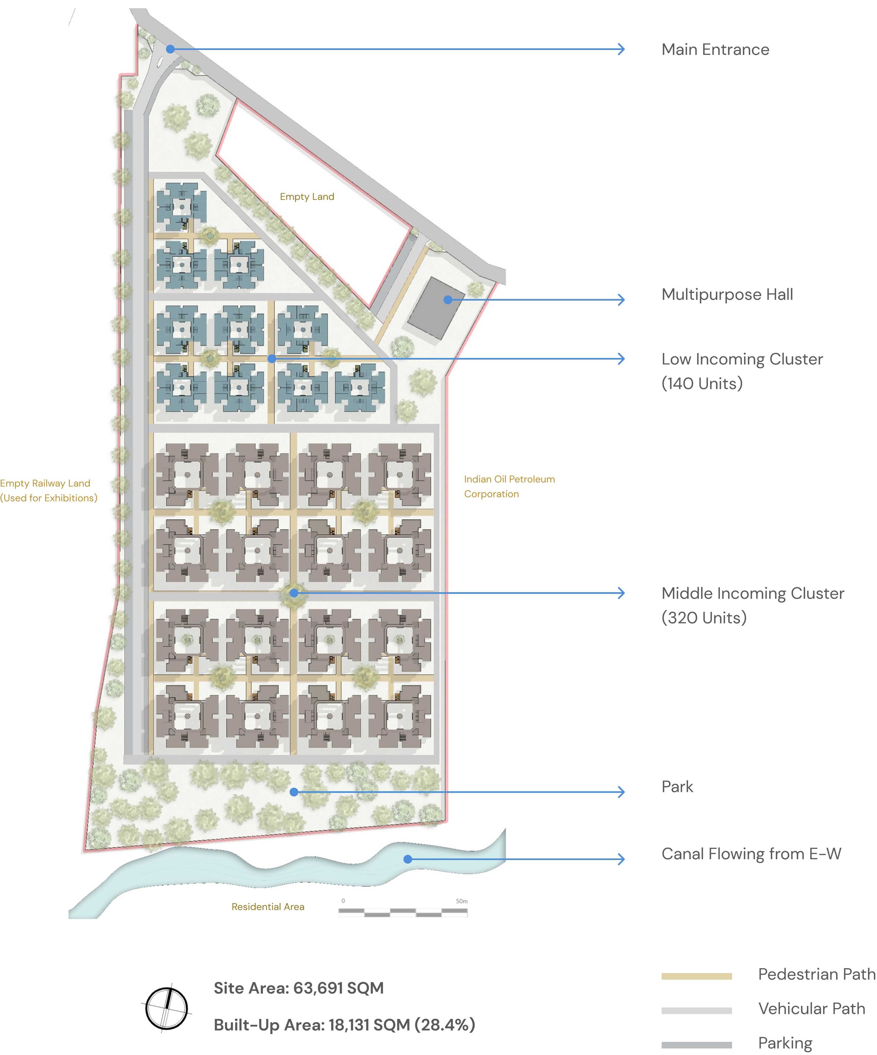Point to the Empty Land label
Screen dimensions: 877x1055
(307, 197)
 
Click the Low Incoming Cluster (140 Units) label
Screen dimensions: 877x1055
(742, 371)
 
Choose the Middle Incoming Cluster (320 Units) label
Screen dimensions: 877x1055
(752, 605)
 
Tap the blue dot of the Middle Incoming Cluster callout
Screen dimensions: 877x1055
(294, 593)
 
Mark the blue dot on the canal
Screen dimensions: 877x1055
(408, 859)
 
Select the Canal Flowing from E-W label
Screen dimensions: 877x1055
(751, 854)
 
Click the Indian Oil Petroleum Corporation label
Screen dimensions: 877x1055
(509, 486)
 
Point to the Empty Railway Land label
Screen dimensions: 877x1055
(49, 490)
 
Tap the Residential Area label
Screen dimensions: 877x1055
(268, 906)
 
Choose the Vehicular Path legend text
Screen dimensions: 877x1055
(812, 1008)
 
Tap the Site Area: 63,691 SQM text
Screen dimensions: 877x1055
(299, 988)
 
